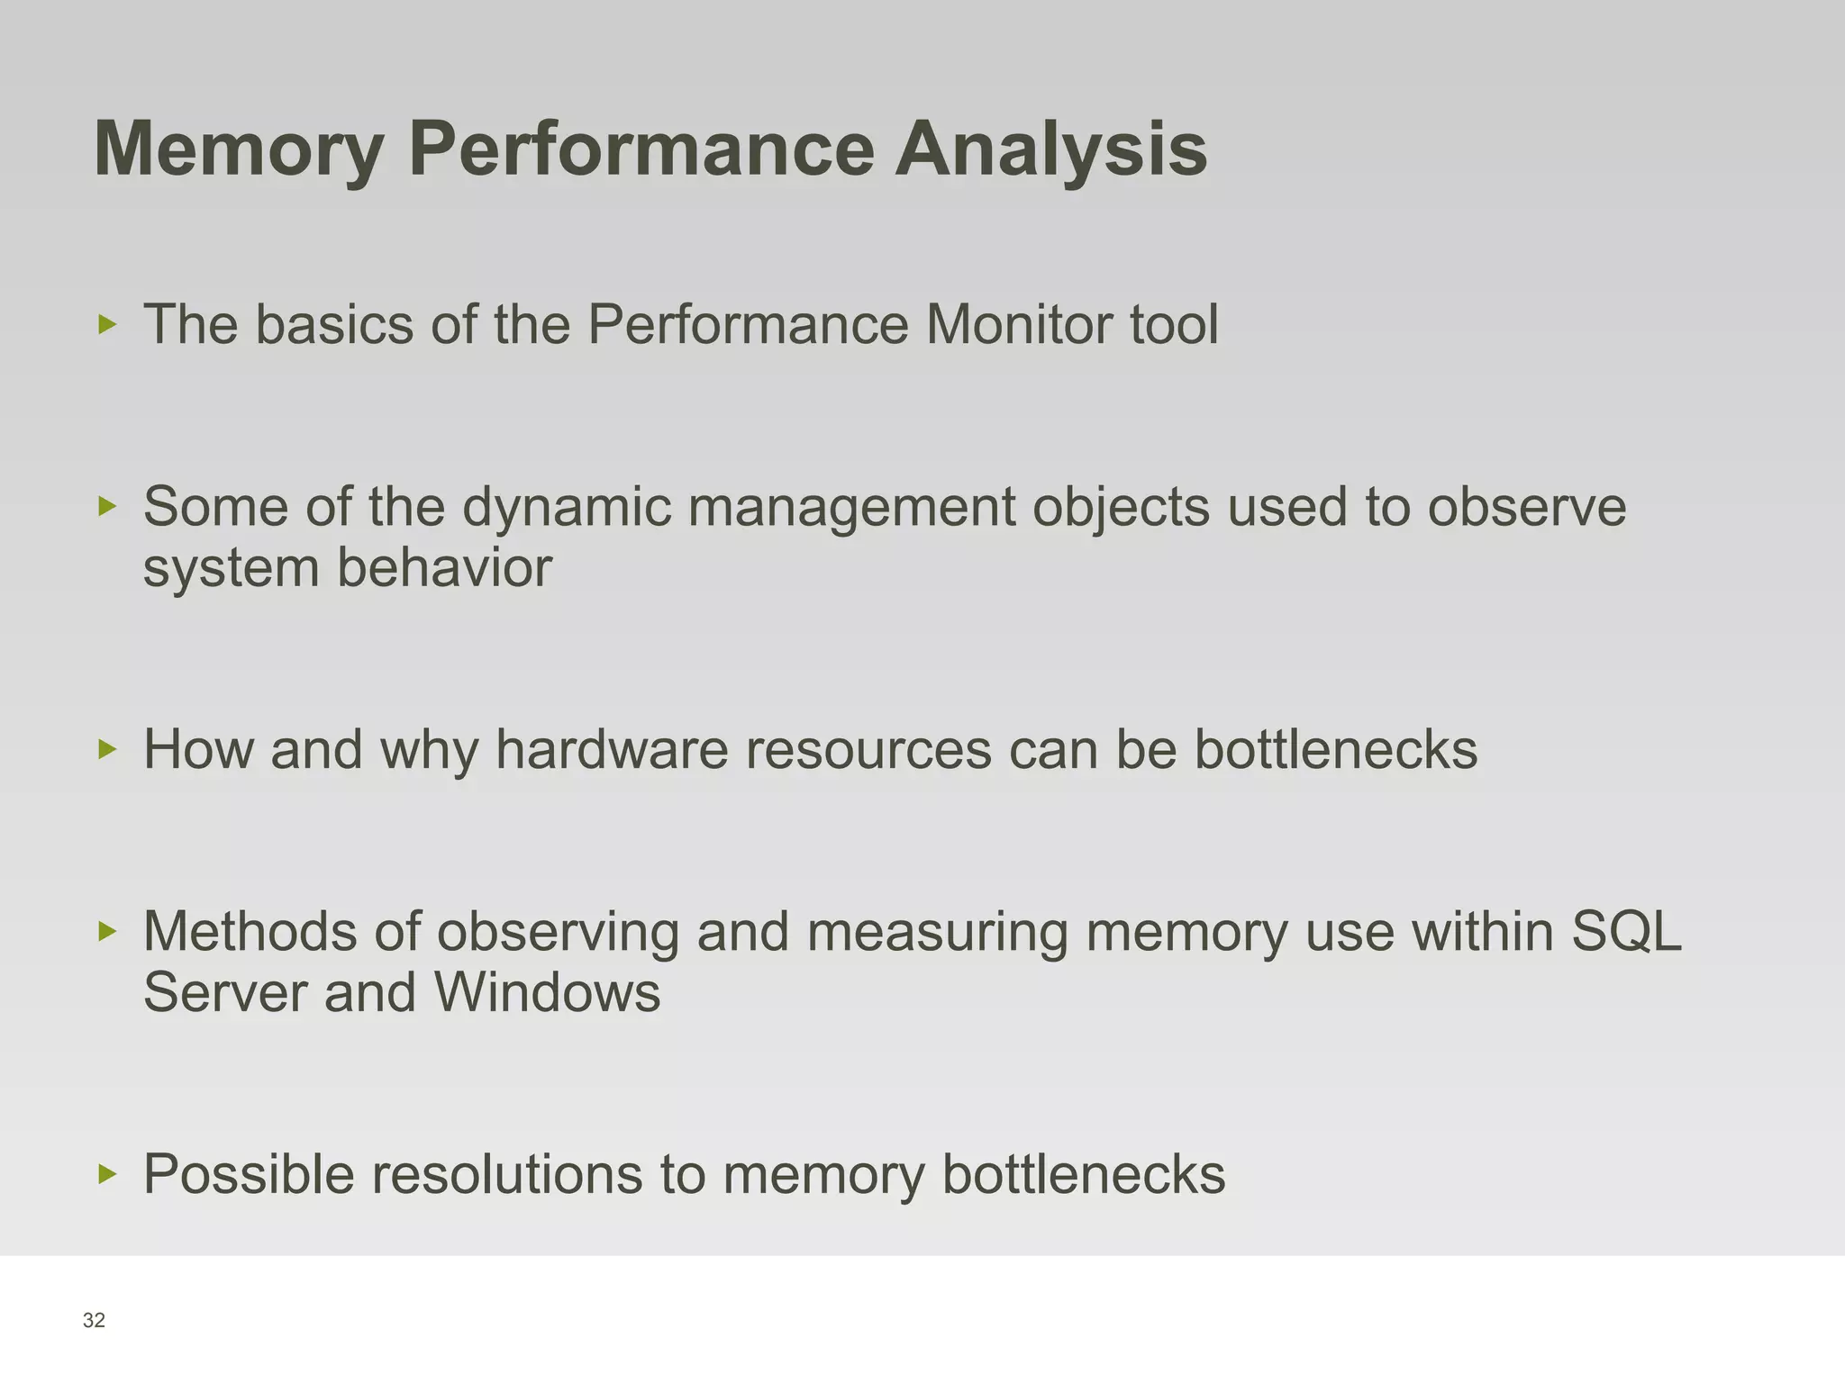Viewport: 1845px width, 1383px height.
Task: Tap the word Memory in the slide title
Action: [240, 149]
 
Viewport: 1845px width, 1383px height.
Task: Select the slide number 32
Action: [94, 1321]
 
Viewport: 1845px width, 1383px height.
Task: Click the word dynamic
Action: [567, 507]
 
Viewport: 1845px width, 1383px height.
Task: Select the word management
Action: [851, 507]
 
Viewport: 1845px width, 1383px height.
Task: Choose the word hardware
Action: [612, 749]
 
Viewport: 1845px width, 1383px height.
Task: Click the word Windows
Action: [547, 992]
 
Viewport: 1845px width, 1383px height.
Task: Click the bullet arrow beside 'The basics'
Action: [107, 324]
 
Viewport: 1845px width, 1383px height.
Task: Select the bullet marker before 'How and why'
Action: [107, 749]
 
